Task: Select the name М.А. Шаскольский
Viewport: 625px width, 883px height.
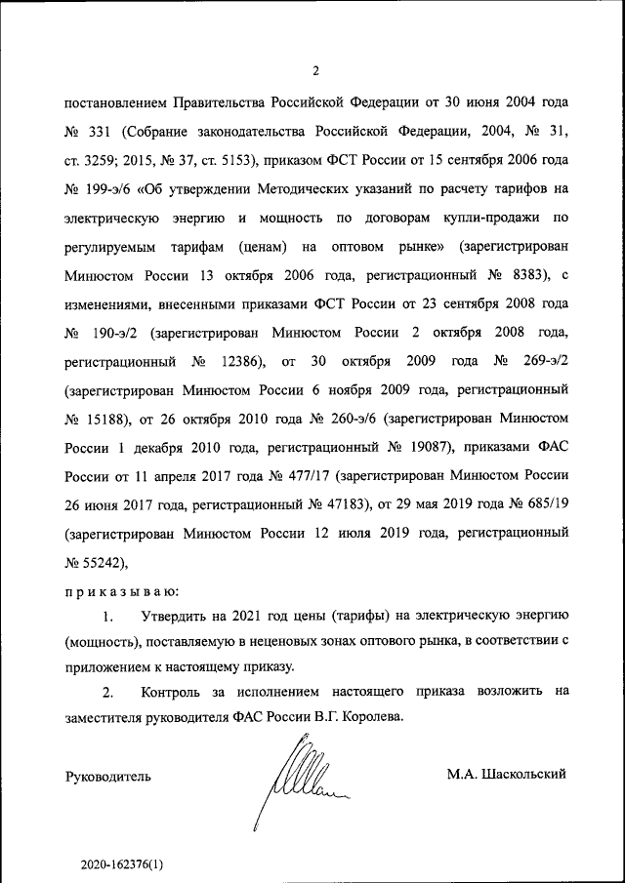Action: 507,774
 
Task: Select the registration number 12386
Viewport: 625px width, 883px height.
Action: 240,362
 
